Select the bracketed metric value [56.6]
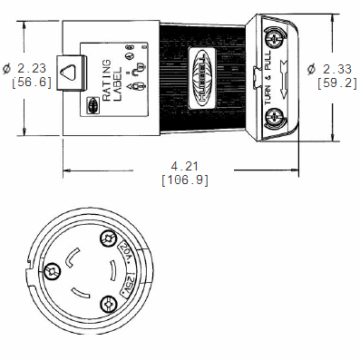click(24, 82)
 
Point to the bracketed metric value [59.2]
click(334, 83)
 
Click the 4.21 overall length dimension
click(185, 165)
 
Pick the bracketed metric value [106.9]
click(185, 180)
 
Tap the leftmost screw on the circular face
click(52, 270)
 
